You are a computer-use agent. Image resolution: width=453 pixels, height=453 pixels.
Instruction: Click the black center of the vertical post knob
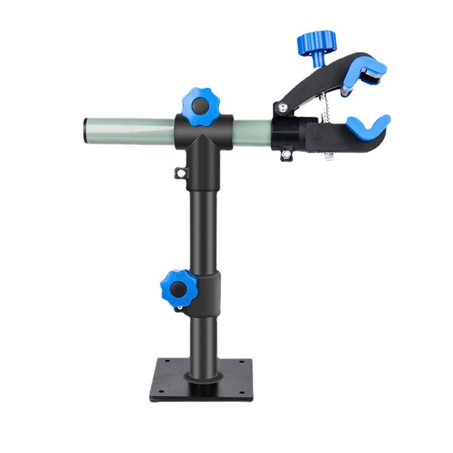[178, 289]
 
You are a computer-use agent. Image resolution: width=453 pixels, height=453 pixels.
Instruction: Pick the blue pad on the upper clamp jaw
[364, 72]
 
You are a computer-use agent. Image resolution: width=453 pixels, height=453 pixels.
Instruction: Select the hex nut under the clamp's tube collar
[286, 154]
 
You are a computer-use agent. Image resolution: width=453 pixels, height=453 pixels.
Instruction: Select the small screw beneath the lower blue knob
[179, 309]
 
